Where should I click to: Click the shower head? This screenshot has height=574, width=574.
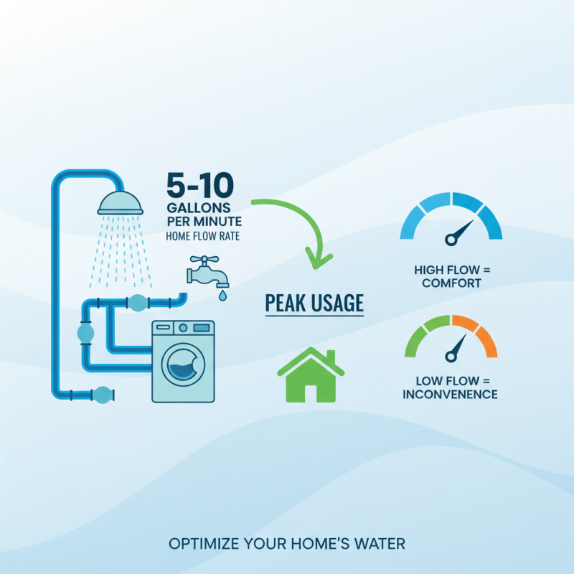(x=121, y=203)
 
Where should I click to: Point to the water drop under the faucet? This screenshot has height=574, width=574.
(x=222, y=294)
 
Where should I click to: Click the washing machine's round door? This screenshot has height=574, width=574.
(x=183, y=364)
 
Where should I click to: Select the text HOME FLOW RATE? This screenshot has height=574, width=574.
(x=202, y=235)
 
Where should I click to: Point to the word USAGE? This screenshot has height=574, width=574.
(x=337, y=304)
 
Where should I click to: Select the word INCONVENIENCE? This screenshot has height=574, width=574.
(x=450, y=394)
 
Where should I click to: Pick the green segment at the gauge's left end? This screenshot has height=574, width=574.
(x=413, y=341)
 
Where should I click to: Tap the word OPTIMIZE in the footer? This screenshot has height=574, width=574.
(x=201, y=544)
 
